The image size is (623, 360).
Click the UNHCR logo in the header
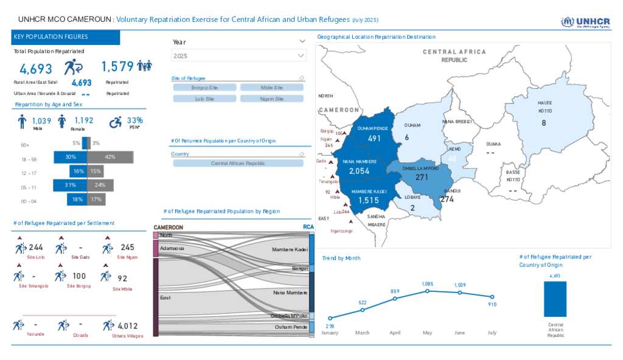coord(585,22)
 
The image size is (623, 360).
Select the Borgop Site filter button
coord(204,88)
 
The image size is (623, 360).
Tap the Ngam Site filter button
coord(271,99)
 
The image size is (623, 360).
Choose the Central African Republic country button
coord(238,164)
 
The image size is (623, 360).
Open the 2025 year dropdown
coord(238,56)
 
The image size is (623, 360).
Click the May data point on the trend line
coord(427,291)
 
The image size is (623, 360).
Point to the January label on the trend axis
coord(330,333)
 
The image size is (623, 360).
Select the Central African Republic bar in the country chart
coord(555,299)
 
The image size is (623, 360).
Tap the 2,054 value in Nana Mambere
coord(359,172)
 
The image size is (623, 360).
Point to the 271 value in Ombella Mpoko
coord(422,178)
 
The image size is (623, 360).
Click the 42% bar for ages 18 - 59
coord(110,157)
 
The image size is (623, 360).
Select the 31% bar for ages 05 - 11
coord(70,185)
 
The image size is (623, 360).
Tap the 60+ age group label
coord(25,145)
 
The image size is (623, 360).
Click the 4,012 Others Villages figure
coord(128,326)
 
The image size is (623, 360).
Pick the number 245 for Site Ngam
coord(127,247)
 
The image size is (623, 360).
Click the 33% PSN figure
coord(134,120)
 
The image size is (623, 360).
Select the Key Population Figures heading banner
coord(66,37)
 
